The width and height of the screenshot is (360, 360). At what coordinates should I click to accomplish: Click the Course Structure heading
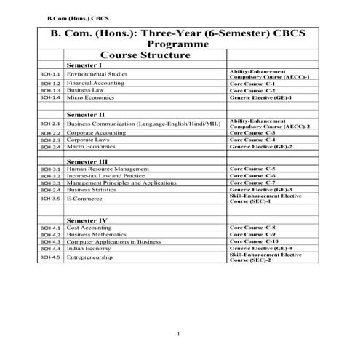[144, 55]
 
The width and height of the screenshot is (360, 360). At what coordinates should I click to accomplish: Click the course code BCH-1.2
[49, 84]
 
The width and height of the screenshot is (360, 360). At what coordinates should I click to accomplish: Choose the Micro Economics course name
[89, 97]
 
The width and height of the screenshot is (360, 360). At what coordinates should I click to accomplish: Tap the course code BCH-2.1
[49, 124]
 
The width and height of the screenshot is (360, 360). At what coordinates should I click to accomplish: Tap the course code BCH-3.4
[49, 189]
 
